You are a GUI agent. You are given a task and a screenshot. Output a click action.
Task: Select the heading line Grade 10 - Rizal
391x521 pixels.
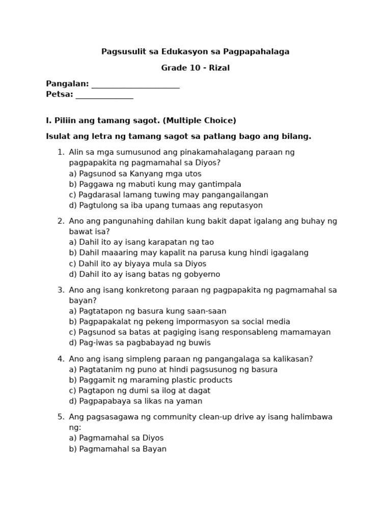195,68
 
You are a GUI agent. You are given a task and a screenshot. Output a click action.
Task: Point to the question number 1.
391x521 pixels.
61,152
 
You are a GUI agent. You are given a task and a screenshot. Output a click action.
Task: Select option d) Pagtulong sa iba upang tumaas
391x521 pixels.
166,206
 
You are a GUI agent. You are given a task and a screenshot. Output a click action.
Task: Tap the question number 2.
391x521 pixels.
61,221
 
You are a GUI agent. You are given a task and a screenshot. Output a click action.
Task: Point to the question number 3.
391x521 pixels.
61,290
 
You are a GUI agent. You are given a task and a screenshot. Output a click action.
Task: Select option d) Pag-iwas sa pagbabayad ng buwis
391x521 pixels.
139,343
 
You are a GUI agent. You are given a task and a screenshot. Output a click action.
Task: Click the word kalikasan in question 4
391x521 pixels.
291,359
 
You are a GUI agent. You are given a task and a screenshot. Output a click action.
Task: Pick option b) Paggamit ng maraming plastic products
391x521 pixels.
151,380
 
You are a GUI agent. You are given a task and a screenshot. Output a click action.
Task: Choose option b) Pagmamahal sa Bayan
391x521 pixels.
118,449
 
